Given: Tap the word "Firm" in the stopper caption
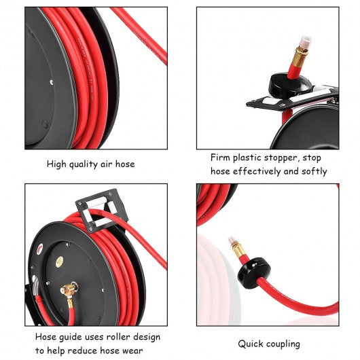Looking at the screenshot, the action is pyautogui.click(x=220, y=158).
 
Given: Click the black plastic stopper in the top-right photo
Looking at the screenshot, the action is pyautogui.click(x=290, y=86).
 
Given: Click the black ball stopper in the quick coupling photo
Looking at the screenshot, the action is pyautogui.click(x=254, y=273).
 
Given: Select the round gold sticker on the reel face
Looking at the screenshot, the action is pyautogui.click(x=60, y=262).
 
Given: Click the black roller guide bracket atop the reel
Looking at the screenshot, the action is pyautogui.click(x=101, y=211).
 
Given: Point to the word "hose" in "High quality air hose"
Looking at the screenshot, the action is pyautogui.click(x=125, y=164).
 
